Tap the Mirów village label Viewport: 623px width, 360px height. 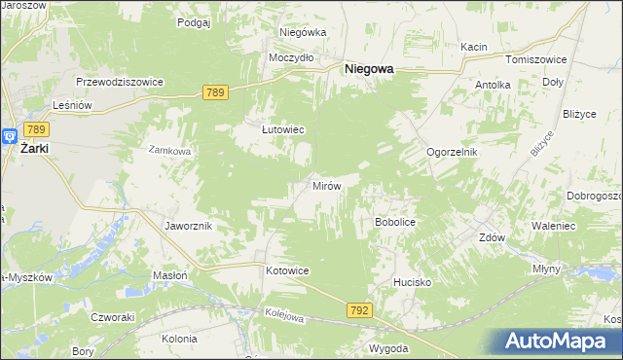(x=325, y=185)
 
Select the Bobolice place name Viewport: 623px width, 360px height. (x=395, y=222)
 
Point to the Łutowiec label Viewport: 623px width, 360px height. (x=283, y=128)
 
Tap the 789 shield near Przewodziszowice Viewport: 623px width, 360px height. (x=216, y=92)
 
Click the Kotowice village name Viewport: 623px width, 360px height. (x=287, y=270)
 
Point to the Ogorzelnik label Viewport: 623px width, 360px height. (x=453, y=153)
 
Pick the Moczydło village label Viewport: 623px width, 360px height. (x=291, y=57)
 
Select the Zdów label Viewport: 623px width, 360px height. (x=492, y=236)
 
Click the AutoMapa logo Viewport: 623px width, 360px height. (x=561, y=340)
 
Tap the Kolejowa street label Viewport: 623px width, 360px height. (x=284, y=315)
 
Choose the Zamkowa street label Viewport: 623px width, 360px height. (x=168, y=151)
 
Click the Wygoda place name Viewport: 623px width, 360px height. (x=387, y=347)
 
